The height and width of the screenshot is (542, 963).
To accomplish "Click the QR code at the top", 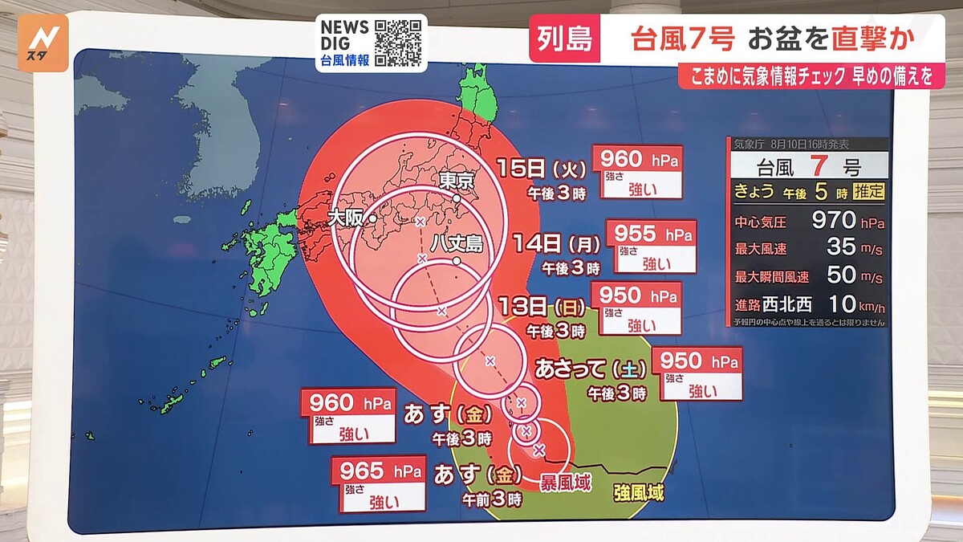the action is pos(398,43).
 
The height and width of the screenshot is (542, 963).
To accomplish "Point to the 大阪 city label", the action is pos(346,217).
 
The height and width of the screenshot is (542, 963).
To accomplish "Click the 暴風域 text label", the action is pos(566,483).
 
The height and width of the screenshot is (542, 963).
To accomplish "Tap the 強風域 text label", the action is pos(639,492).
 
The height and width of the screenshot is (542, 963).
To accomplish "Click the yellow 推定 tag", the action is pos(869,192).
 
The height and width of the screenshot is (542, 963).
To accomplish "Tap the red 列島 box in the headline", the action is pos(564,38).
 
